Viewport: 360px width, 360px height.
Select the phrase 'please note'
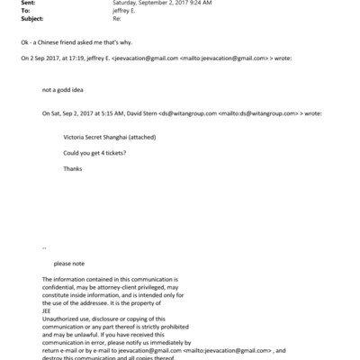point(69,263)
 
